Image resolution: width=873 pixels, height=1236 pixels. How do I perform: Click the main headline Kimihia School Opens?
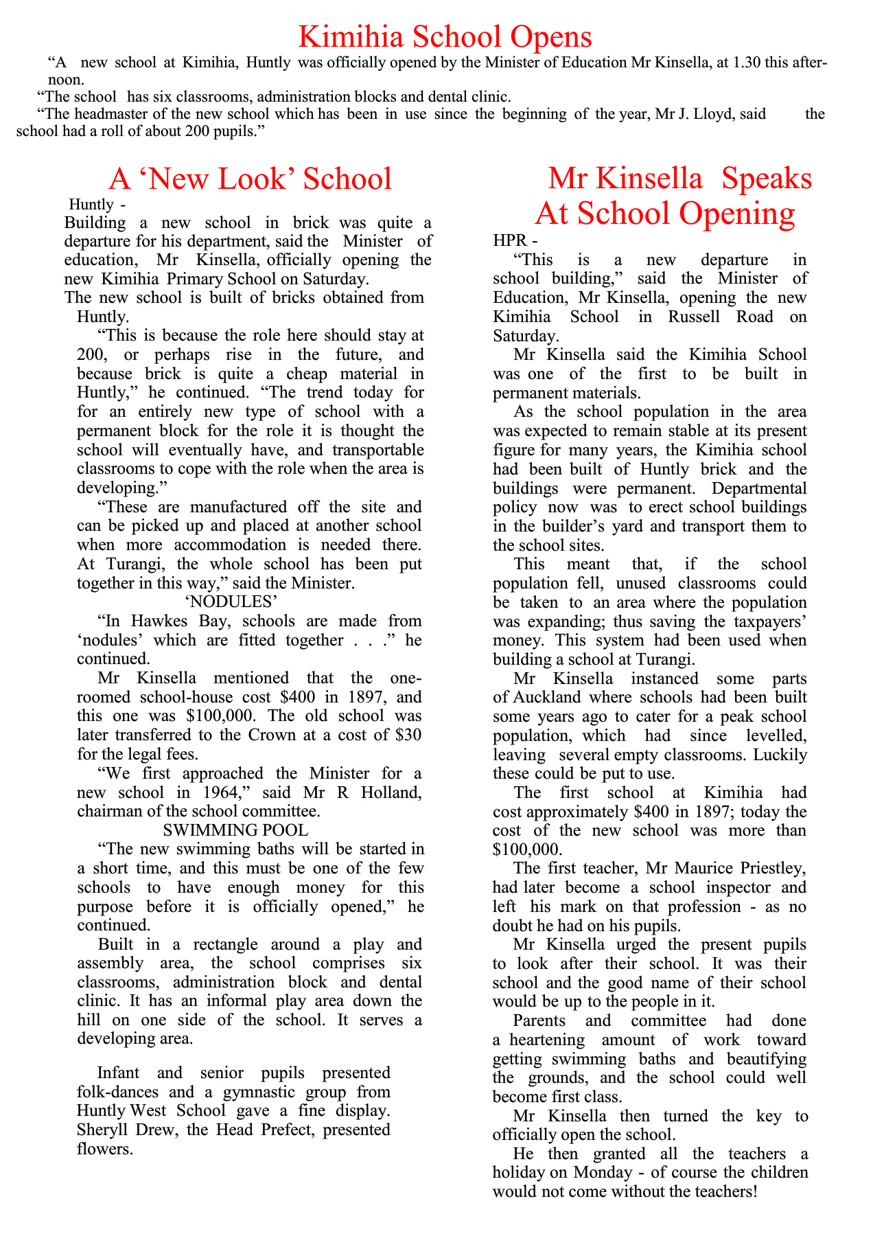coord(445,36)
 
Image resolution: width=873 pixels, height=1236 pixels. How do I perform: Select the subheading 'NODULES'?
coord(231,602)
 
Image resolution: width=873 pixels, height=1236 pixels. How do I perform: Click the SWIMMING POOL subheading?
coord(235,830)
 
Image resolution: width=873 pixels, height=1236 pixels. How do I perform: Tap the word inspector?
coord(730,887)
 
